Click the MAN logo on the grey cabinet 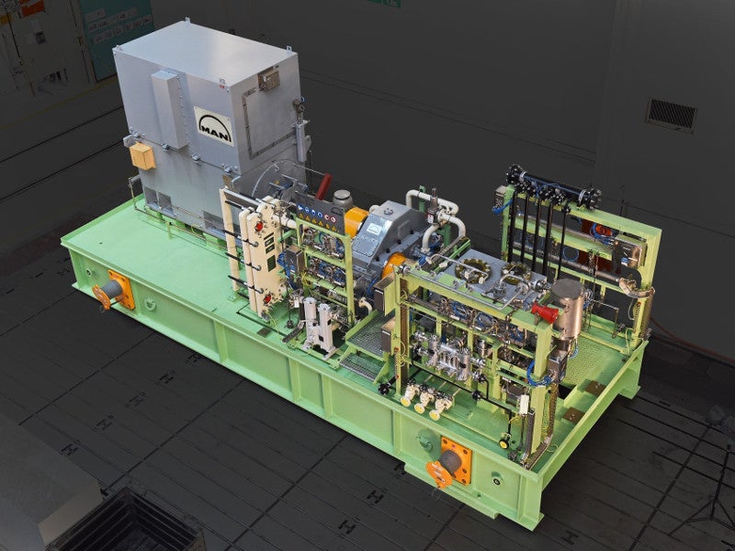click(214, 126)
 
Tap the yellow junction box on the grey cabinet click(142, 156)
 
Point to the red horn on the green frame click(544, 312)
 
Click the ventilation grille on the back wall click(671, 115)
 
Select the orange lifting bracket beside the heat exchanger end click(114, 290)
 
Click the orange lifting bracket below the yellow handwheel click(449, 462)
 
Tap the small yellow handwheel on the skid click(503, 443)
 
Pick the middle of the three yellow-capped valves click(424, 401)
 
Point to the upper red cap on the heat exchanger click(259, 227)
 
